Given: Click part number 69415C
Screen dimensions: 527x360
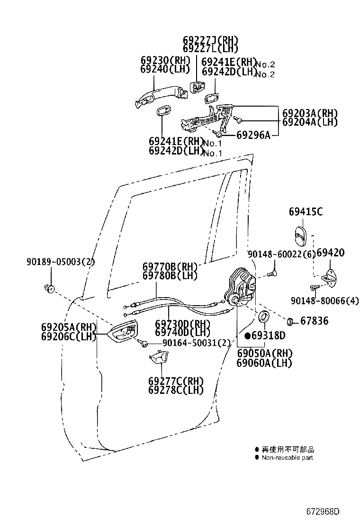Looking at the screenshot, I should click(x=306, y=212).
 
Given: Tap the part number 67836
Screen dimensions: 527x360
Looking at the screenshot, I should click(x=315, y=321).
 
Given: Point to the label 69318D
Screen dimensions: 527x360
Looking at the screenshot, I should click(x=268, y=336).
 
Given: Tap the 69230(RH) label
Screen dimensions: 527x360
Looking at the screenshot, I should click(x=165, y=60).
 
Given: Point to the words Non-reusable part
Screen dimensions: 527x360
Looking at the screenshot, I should click(x=287, y=457).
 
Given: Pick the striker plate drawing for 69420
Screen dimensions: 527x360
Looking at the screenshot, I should click(x=329, y=278).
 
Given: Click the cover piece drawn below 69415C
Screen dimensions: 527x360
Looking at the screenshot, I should click(x=300, y=235).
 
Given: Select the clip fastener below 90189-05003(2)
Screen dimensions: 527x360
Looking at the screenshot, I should click(x=49, y=287).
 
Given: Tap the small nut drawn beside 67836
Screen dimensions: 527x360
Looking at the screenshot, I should click(x=292, y=321).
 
